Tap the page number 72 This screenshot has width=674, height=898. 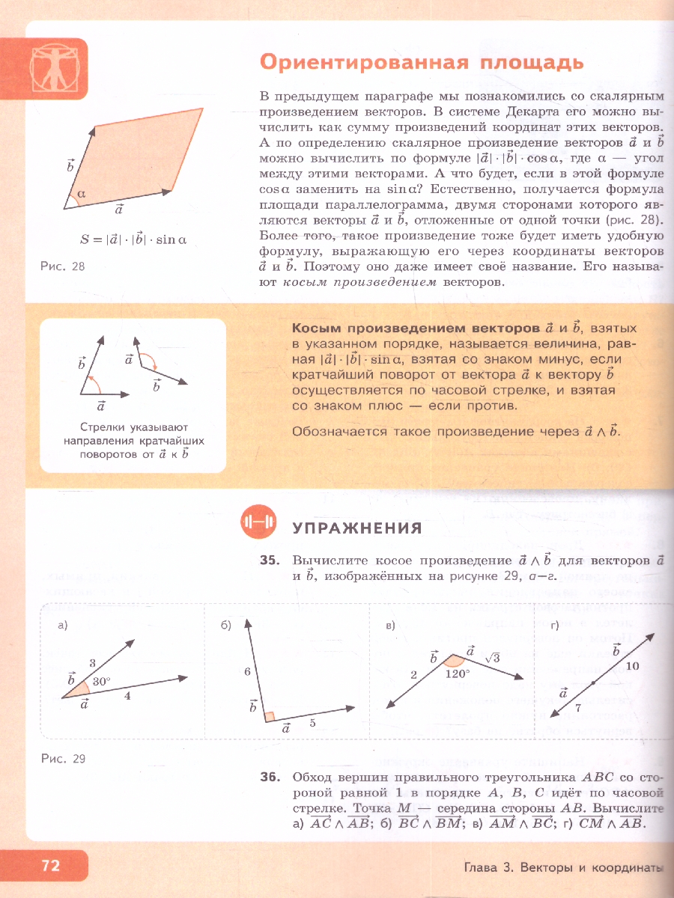point(50,866)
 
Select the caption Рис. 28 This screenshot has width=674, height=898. point(63,266)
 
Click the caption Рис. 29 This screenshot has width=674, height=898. point(64,759)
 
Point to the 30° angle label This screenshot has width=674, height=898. point(101,682)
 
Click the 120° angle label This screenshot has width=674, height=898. point(457,673)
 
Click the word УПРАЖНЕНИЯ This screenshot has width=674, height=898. point(357,528)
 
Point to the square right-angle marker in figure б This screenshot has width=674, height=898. point(270,717)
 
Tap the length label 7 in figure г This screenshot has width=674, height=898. point(577,706)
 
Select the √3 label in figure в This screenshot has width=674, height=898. point(492,658)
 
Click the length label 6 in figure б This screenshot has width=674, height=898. point(246,672)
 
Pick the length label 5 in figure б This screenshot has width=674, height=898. point(312,723)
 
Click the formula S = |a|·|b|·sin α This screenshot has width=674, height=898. point(133,239)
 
